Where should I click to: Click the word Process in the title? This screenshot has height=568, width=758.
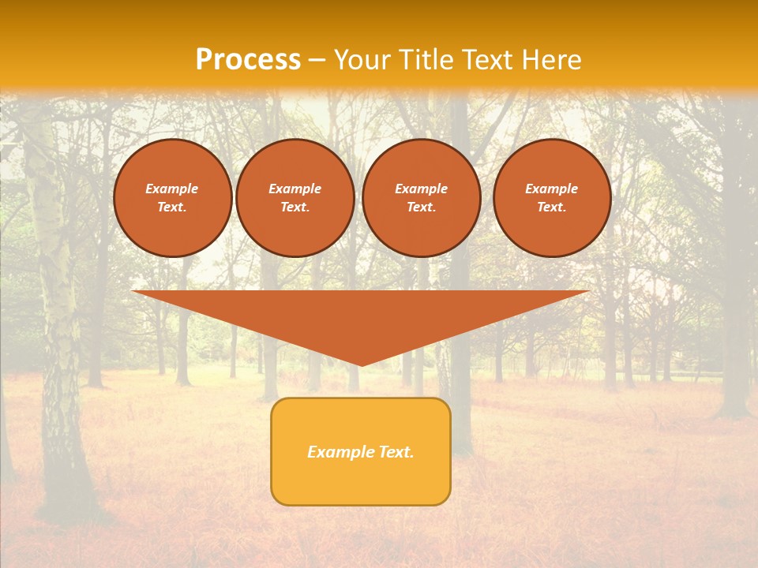click(248, 60)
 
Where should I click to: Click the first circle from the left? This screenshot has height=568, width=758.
click(173, 198)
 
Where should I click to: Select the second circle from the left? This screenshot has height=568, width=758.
click(295, 198)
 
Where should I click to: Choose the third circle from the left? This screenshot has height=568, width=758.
click(422, 198)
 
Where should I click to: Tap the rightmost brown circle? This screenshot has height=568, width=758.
click(552, 198)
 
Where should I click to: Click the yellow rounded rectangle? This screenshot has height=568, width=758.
click(361, 451)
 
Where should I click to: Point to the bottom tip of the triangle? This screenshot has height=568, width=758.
click(361, 364)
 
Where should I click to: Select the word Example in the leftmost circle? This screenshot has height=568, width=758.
click(172, 189)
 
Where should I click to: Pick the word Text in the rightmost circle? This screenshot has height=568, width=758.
click(551, 207)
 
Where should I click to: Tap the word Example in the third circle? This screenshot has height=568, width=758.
click(422, 189)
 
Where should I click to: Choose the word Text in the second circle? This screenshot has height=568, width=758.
click(295, 207)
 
